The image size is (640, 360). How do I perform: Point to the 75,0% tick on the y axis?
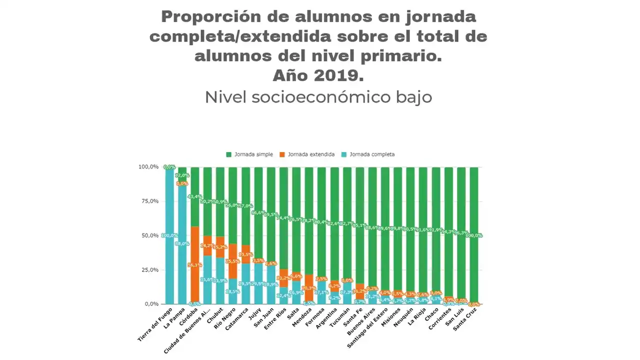coord(148,201)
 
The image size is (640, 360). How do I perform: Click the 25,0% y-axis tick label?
coord(148,270)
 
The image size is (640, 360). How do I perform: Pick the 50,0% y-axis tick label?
coord(148,235)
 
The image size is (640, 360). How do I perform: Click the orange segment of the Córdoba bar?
coord(195,265)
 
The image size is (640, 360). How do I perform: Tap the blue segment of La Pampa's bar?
coord(182,250)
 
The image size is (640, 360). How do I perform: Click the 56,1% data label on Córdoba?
coord(195,265)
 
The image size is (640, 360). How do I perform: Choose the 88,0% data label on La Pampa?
coord(182,244)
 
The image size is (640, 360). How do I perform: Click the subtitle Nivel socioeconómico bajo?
coord(318,97)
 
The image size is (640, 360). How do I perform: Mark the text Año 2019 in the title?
coord(318,75)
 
